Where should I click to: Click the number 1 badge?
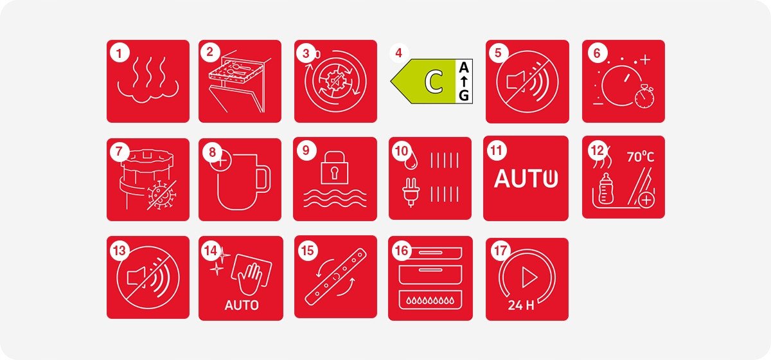[x=120, y=53]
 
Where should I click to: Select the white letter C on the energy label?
[x=434, y=81]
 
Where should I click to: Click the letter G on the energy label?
[x=464, y=95]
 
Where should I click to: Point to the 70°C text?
[x=640, y=157]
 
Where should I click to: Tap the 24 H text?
[x=521, y=305]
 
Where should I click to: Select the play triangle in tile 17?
[x=529, y=276]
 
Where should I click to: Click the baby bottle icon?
[x=606, y=188]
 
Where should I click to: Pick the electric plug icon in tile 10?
[x=410, y=192]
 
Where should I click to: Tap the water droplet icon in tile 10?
[x=411, y=161]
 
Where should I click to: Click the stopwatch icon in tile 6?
[x=644, y=97]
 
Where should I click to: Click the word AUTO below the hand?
[x=242, y=305]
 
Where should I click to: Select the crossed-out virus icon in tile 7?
[x=161, y=195]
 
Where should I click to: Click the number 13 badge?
[x=120, y=251]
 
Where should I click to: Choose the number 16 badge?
[x=402, y=251]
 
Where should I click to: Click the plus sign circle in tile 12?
[x=646, y=200]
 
